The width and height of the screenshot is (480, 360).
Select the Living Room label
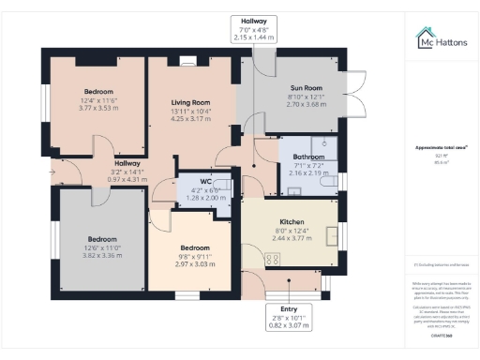point(190,102)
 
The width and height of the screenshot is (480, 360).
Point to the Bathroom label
point(307,157)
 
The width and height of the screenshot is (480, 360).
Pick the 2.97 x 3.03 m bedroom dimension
point(197,263)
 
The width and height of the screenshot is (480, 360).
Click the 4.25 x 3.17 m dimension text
point(190,118)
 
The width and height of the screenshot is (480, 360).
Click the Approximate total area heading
point(436,147)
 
